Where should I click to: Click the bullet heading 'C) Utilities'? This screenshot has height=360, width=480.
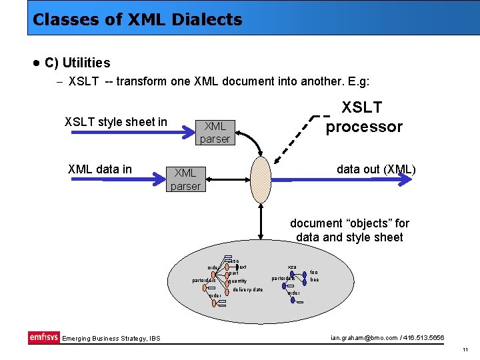pyautogui.click(x=77, y=63)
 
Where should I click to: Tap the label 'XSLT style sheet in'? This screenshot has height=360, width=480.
pyautogui.click(x=115, y=121)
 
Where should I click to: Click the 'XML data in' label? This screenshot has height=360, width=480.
pyautogui.click(x=100, y=169)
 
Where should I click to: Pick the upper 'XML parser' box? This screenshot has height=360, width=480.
pyautogui.click(x=215, y=132)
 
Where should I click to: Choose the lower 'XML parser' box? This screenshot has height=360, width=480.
pyautogui.click(x=185, y=179)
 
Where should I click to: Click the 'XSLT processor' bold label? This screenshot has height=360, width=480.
pyautogui.click(x=363, y=117)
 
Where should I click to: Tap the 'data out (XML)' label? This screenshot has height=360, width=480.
pyautogui.click(x=376, y=169)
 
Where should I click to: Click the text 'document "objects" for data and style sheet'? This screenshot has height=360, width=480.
pyautogui.click(x=349, y=230)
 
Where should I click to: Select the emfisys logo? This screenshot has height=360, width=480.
pyautogui.click(x=44, y=337)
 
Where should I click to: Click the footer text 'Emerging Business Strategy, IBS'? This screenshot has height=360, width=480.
pyautogui.click(x=107, y=339)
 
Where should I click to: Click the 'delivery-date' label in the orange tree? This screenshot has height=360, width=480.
pyautogui.click(x=248, y=289)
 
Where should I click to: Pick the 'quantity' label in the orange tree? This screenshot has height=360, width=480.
pyautogui.click(x=238, y=281)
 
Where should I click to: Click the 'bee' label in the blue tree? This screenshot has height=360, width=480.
pyautogui.click(x=315, y=280)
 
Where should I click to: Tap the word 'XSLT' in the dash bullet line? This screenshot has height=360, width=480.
pyautogui.click(x=83, y=81)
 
